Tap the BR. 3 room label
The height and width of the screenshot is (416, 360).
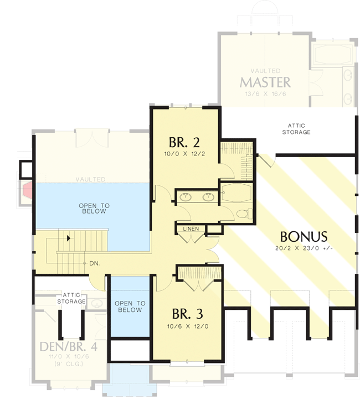point(187,314)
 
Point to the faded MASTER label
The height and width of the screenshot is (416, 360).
point(265,82)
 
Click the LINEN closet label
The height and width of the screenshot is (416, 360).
point(191,228)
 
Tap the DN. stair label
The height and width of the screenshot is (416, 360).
point(94,263)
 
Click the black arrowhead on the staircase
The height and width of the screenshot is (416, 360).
point(68,238)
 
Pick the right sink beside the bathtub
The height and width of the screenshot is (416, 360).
point(209,196)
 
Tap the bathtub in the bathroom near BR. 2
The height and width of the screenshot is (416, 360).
point(236,193)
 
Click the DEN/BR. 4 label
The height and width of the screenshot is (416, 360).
point(62,347)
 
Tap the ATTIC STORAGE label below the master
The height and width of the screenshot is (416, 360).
point(296,129)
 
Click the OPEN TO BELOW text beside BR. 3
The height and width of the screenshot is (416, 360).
point(130,306)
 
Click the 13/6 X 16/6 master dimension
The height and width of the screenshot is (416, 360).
point(265,94)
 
